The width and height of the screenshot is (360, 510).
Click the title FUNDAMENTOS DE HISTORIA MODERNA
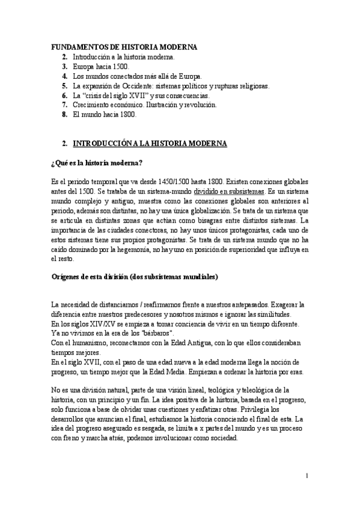(x=123, y=47)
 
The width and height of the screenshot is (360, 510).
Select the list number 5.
(x=64, y=86)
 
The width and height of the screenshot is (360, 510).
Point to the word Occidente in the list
(x=138, y=86)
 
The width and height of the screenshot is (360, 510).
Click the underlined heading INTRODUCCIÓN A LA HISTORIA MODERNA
(x=150, y=144)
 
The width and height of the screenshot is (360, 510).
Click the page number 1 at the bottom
(x=307, y=476)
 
